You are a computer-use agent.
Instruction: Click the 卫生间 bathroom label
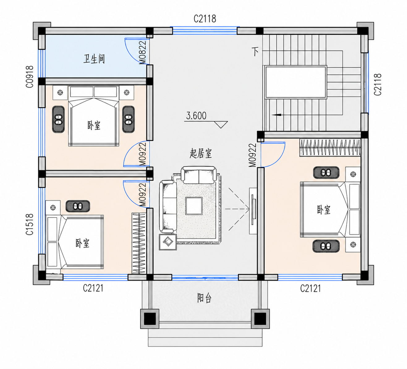click(94, 59)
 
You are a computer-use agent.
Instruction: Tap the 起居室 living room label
click(201, 154)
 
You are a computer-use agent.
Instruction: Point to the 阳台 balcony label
click(205, 298)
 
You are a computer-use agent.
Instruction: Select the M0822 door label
click(143, 53)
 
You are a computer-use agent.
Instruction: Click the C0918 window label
click(30, 77)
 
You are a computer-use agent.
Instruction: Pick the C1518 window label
click(30, 224)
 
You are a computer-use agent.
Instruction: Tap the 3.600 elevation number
click(196, 116)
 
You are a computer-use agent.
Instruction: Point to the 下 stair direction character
click(255, 52)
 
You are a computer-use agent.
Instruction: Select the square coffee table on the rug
click(194, 206)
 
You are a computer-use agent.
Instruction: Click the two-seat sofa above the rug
click(199, 175)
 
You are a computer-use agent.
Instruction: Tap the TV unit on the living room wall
click(253, 211)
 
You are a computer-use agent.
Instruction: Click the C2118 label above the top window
click(205, 19)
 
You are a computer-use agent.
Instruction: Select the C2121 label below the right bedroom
click(310, 288)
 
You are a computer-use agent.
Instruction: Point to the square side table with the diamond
click(168, 242)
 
